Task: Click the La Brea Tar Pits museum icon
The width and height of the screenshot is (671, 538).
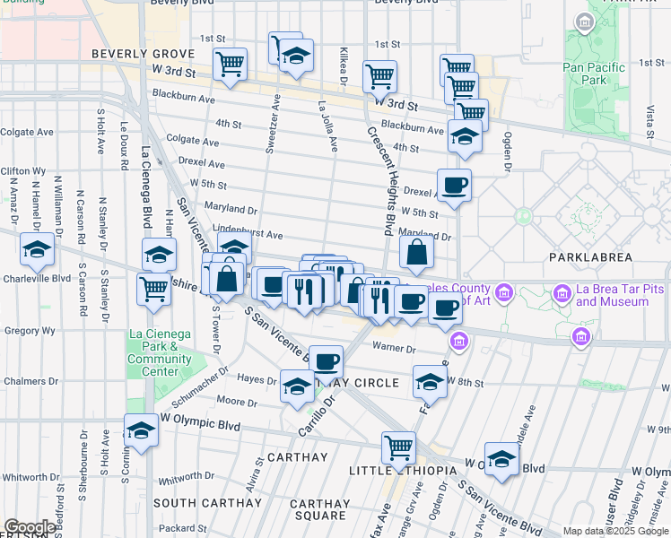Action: (562, 292)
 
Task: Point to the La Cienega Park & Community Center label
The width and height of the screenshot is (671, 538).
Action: (160, 347)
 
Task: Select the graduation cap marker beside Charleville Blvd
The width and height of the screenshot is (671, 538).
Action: (37, 250)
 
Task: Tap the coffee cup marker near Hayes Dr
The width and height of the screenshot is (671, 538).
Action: (326, 362)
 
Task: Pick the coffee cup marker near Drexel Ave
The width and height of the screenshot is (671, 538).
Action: (454, 186)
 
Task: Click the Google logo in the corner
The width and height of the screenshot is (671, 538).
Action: (30, 527)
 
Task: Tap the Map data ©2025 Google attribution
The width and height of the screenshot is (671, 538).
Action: (614, 531)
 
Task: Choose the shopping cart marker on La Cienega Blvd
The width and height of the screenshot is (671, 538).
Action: (154, 290)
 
